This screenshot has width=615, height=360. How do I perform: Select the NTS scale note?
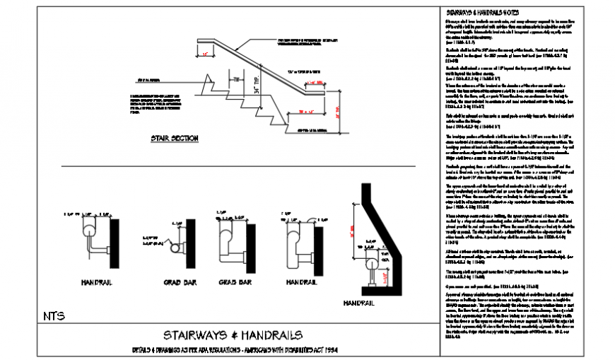pyautogui.click(x=54, y=315)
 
